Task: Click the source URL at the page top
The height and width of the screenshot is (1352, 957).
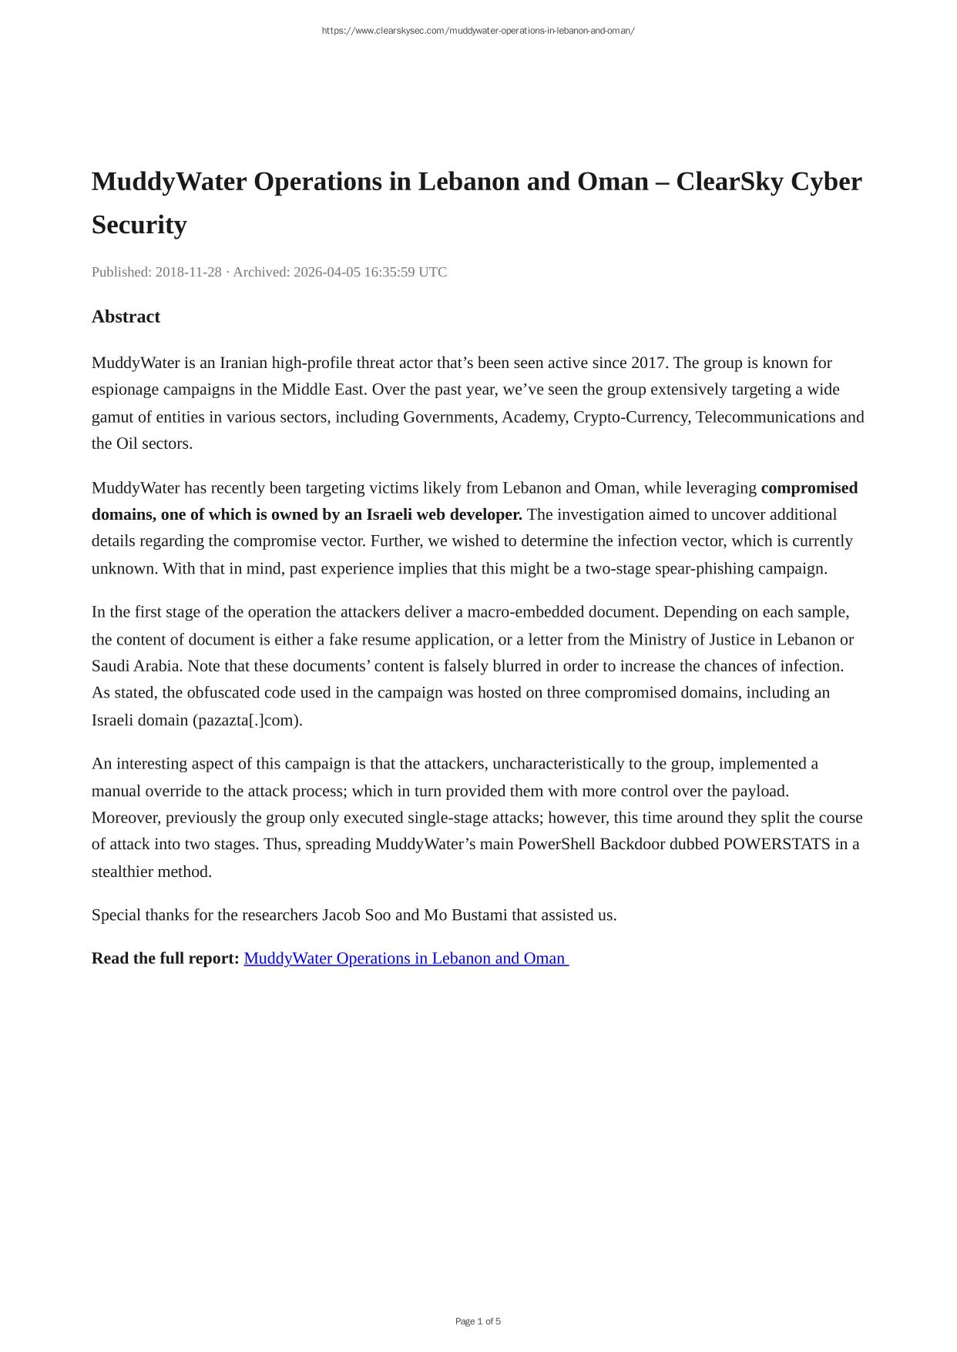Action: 478,31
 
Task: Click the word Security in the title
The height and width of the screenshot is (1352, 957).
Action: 139,225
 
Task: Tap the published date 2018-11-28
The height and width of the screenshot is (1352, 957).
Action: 188,272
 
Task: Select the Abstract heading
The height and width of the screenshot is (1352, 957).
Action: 126,316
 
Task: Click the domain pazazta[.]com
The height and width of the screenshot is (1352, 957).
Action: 247,720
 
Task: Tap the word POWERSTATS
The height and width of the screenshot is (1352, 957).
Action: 776,844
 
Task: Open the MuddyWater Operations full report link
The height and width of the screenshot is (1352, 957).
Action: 405,959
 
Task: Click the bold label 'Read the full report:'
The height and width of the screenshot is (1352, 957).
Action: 165,959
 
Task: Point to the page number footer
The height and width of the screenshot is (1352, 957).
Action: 478,1321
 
